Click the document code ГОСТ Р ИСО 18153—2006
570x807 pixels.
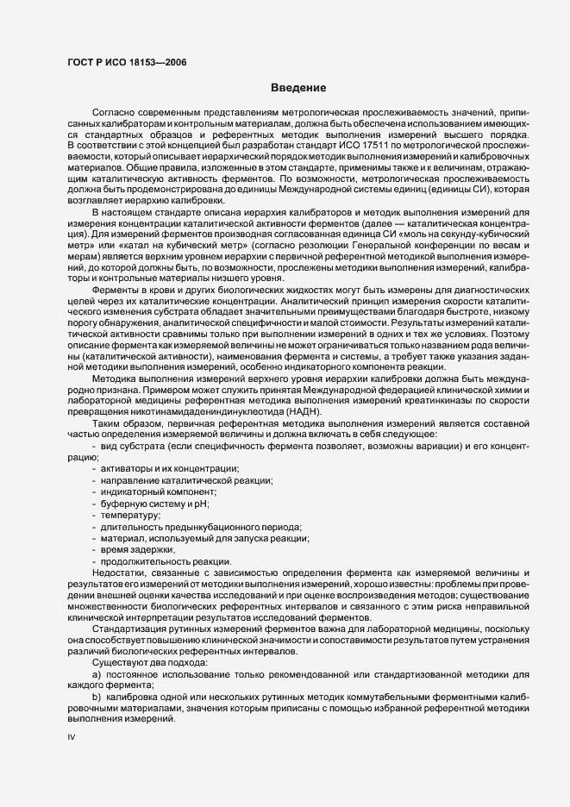point(126,61)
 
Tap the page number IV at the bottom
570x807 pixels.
point(72,738)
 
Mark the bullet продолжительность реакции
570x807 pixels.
point(153,561)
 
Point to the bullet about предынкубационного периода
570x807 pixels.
point(200,526)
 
